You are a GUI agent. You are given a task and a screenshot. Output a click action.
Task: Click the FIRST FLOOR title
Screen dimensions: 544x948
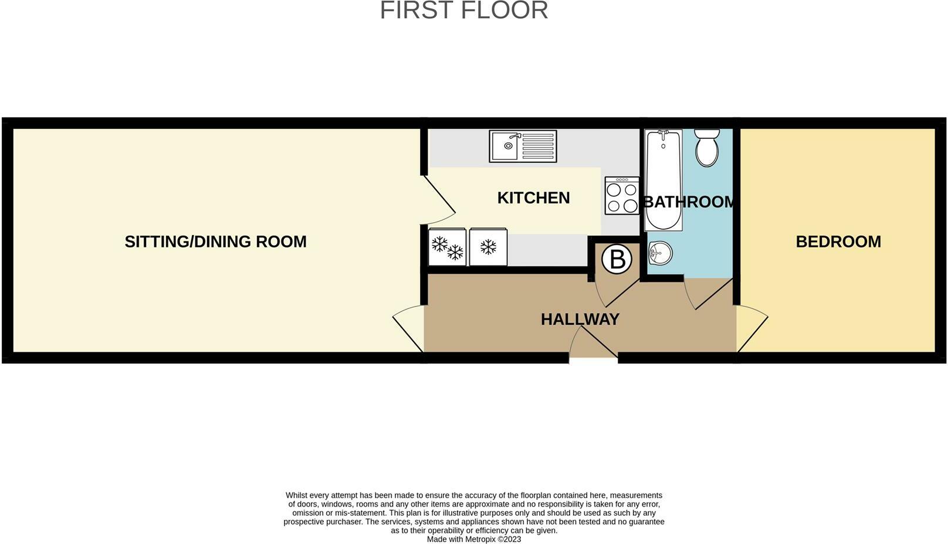463,11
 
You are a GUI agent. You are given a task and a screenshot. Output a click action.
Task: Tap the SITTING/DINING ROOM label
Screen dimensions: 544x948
215,242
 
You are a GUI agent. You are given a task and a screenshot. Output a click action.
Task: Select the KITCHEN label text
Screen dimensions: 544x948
533,198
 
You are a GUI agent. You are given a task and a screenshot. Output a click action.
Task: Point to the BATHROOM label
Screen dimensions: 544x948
689,202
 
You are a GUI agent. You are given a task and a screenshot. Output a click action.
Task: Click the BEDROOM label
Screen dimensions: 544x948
838,242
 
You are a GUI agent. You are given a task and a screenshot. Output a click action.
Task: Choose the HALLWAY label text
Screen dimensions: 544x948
580,319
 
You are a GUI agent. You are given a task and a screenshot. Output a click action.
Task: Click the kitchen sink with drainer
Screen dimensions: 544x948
523,147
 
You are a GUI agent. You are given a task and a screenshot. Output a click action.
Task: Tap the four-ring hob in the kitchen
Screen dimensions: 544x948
622,196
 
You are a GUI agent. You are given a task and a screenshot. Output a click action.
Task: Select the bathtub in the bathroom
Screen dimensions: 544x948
663,179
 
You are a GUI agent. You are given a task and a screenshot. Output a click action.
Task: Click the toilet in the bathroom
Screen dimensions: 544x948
707,148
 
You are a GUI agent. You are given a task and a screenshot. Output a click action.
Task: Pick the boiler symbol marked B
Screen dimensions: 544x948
617,259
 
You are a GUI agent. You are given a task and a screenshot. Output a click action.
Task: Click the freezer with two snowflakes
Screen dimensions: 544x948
447,247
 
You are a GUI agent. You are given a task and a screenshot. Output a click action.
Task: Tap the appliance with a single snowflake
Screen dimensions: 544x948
488,247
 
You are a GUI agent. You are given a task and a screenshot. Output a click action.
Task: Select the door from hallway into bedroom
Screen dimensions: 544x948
751,328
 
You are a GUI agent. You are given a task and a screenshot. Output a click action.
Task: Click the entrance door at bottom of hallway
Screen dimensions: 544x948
592,343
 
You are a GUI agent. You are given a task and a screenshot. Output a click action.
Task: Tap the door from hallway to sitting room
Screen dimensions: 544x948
408,328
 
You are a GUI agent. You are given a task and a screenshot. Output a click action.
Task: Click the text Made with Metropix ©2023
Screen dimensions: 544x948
473,539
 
